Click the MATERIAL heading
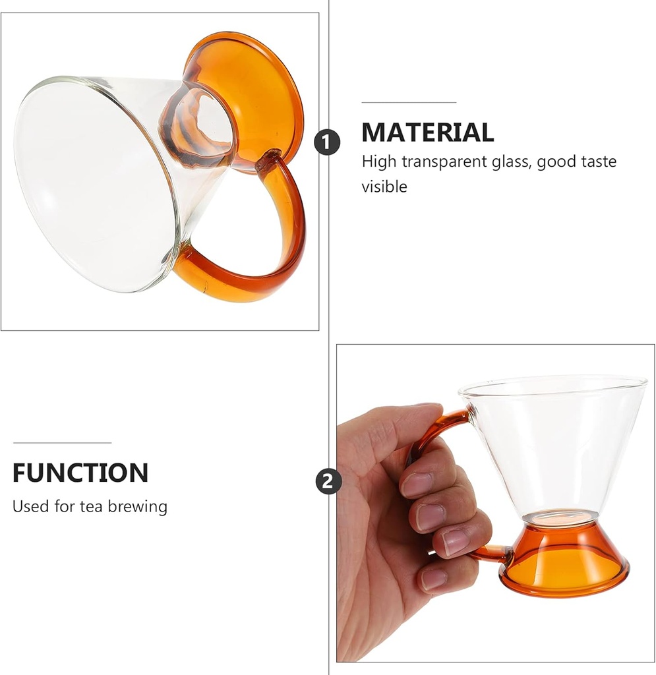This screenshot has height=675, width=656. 427,132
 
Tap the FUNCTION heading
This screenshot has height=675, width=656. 80,473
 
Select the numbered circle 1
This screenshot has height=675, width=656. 327,142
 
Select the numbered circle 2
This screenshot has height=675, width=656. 328,481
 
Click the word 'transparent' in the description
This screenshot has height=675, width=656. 445,161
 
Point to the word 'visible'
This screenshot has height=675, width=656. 384,187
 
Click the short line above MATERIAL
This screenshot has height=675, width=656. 409,103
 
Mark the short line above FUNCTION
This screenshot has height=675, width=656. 62,443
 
